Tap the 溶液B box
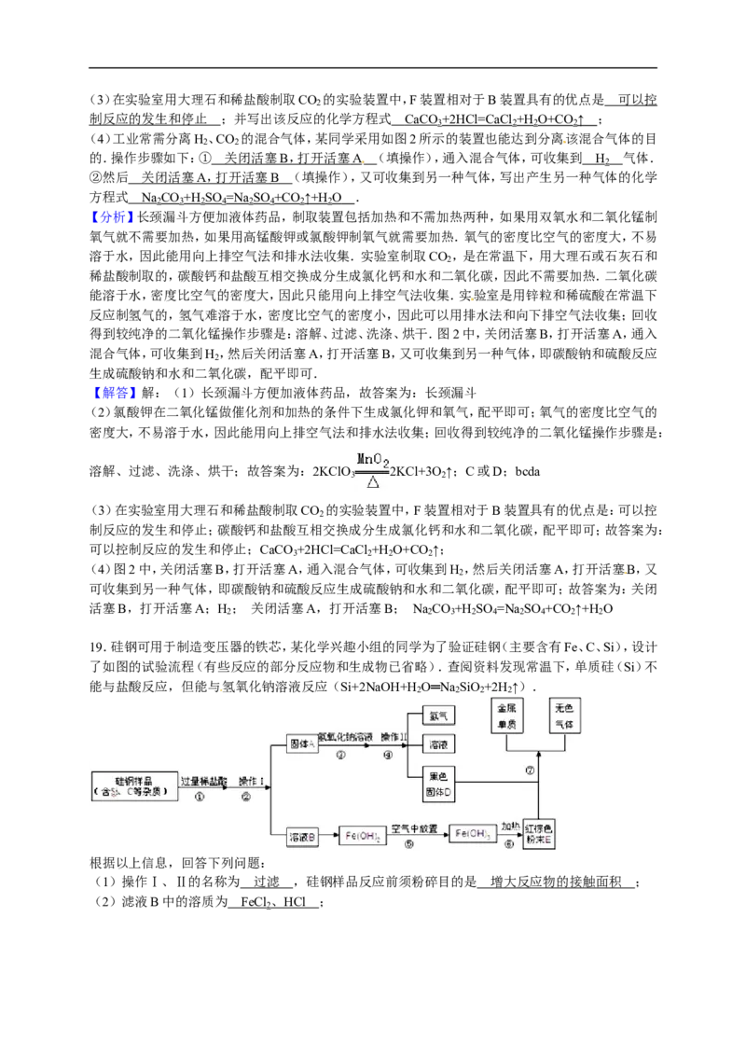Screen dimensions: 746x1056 [x=302, y=837]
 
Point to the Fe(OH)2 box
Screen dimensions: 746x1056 [x=363, y=837]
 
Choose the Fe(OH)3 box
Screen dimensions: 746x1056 [x=472, y=834]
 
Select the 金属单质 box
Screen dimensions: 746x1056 [x=506, y=716]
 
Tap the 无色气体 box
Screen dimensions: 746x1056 [x=565, y=716]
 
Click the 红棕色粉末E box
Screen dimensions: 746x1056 [x=539, y=834]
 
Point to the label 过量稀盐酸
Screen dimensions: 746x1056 [x=203, y=780]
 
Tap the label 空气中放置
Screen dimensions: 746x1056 [x=414, y=827]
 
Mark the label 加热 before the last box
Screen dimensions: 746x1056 [x=510, y=827]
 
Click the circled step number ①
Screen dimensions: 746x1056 [x=199, y=797]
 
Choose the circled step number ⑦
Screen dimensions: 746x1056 [x=530, y=771]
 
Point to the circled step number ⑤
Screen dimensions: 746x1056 [x=408, y=844]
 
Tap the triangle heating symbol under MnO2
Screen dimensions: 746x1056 [x=373, y=482]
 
